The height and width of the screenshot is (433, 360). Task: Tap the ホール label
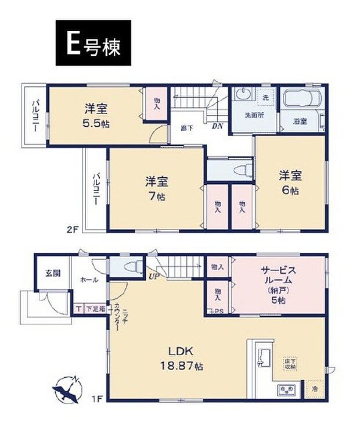point(89,280)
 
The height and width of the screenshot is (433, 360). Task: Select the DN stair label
point(217,126)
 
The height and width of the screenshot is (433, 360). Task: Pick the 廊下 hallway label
point(185,128)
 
